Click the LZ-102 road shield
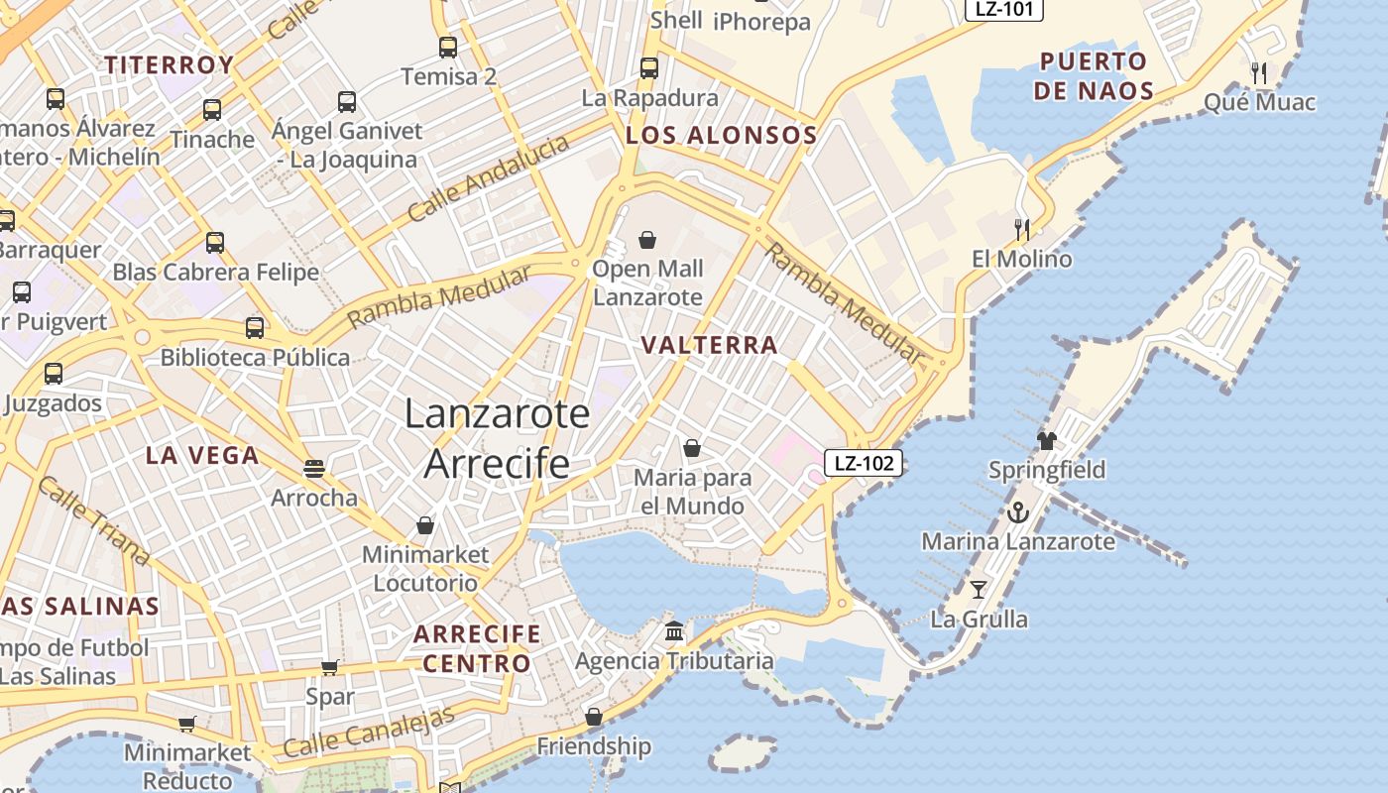pyautogui.click(x=864, y=462)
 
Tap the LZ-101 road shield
pyautogui.click(x=1003, y=10)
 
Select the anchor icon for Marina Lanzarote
pyautogui.click(x=1017, y=513)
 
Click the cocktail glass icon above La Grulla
pyautogui.click(x=979, y=590)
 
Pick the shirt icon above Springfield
pyautogui.click(x=1047, y=440)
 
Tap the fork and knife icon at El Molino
pyautogui.click(x=1022, y=230)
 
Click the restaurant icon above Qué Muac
pyautogui.click(x=1259, y=72)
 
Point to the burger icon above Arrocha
pyautogui.click(x=314, y=468)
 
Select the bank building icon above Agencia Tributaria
pyautogui.click(x=674, y=630)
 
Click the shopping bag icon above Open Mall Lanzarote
pyautogui.click(x=647, y=240)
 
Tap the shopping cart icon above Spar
pyautogui.click(x=330, y=668)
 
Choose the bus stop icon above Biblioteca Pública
pyautogui.click(x=255, y=328)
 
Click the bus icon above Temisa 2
pyautogui.click(x=448, y=47)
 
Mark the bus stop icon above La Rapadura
pyautogui.click(x=649, y=68)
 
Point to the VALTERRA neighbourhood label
pyautogui.click(x=709, y=345)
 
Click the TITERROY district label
pyautogui.click(x=170, y=65)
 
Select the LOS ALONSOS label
pyautogui.click(x=721, y=136)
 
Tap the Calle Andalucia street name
pyautogui.click(x=489, y=178)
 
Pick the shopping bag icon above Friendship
pyautogui.click(x=594, y=717)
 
